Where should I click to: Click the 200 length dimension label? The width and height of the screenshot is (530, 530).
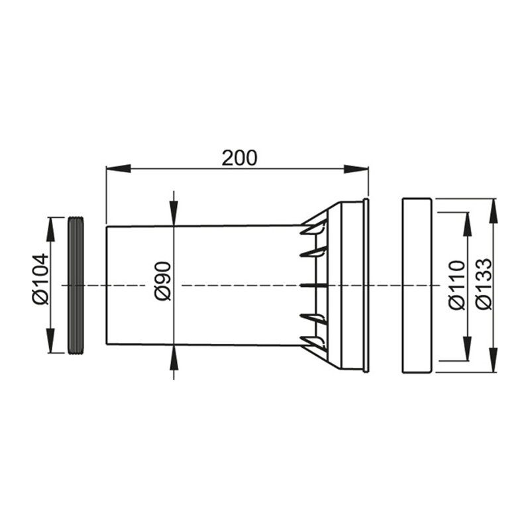[x=239, y=158]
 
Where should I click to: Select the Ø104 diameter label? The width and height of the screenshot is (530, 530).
[x=41, y=279]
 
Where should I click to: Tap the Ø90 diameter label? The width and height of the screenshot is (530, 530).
[x=163, y=281]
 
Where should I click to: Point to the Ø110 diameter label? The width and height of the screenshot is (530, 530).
[x=457, y=285]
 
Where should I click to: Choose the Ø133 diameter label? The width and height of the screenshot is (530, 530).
[x=482, y=284]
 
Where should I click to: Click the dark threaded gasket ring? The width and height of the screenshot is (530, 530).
[x=76, y=286]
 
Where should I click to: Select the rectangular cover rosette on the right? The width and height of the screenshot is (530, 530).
[x=417, y=286]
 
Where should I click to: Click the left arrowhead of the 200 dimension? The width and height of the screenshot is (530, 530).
[x=119, y=169]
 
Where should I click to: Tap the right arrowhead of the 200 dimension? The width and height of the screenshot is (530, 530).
[x=356, y=169]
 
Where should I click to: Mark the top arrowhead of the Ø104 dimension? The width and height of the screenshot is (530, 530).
[x=50, y=229]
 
